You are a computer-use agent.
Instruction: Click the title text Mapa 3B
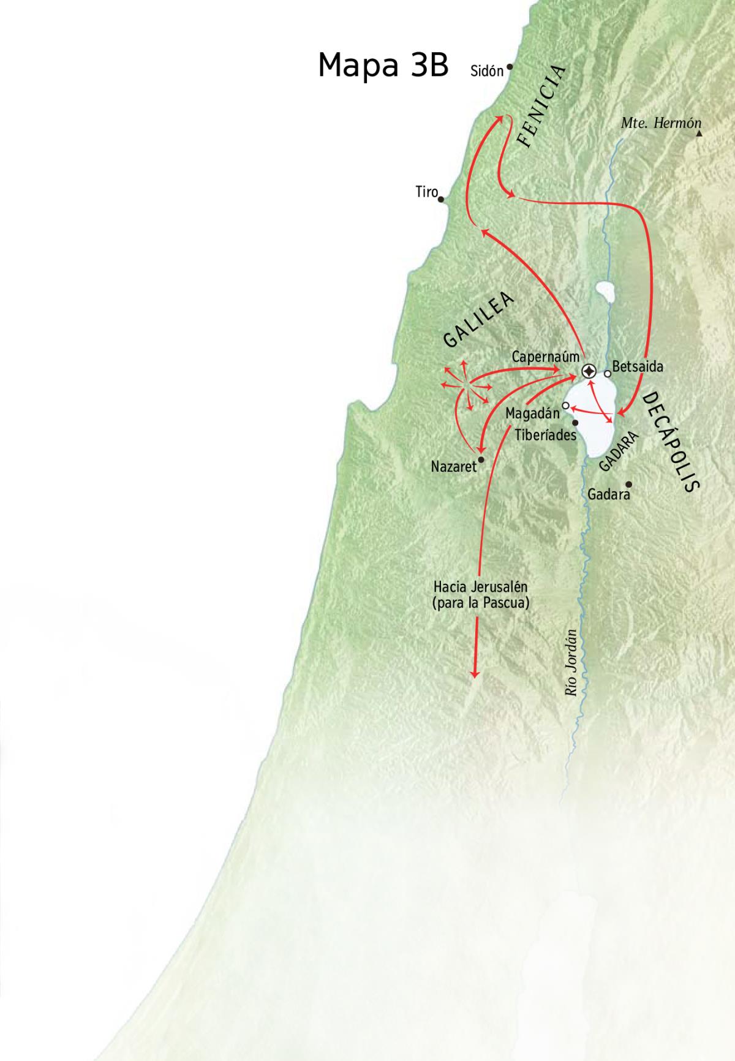383,65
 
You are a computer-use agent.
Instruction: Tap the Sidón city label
486,71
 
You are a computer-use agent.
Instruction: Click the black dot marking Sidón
509,67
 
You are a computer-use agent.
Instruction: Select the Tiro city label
426,192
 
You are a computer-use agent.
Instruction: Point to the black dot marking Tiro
441,198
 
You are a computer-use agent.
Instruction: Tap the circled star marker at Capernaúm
589,371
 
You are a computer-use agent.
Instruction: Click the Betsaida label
638,368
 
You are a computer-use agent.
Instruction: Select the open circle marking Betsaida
607,373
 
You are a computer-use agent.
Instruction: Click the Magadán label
532,413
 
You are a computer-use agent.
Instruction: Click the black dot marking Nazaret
481,459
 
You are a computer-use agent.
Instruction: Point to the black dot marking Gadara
628,483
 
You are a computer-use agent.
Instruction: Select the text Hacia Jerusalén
480,587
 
